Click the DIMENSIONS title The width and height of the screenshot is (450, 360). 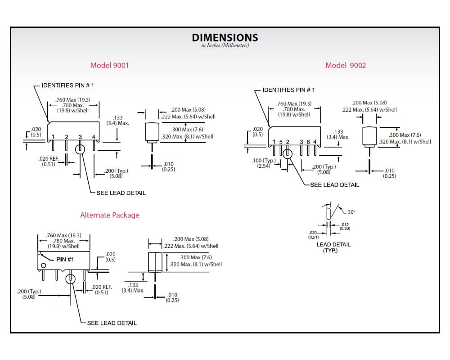[x=225, y=38]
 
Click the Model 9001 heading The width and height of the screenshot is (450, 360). [x=109, y=65]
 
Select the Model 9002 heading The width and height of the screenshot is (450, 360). [x=346, y=65]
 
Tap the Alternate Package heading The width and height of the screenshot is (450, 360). [x=110, y=215]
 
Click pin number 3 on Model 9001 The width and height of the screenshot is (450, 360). [x=81, y=137]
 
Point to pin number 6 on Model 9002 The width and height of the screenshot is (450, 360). [x=308, y=142]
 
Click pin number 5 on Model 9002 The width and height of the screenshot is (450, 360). [x=281, y=142]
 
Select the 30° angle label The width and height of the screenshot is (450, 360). [x=351, y=212]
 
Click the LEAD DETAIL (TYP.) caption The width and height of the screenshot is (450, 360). [x=333, y=247]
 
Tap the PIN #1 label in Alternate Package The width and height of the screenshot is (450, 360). [x=65, y=260]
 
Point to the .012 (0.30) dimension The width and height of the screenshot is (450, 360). [x=345, y=226]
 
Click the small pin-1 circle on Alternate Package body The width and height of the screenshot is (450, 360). [x=43, y=265]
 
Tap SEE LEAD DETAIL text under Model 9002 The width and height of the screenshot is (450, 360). [x=335, y=185]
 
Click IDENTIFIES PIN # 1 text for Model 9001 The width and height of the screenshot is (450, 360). [x=68, y=85]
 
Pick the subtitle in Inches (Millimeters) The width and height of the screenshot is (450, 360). [x=225, y=45]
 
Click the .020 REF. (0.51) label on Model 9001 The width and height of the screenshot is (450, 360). [x=49, y=162]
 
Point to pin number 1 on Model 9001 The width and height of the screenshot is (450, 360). [x=53, y=137]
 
